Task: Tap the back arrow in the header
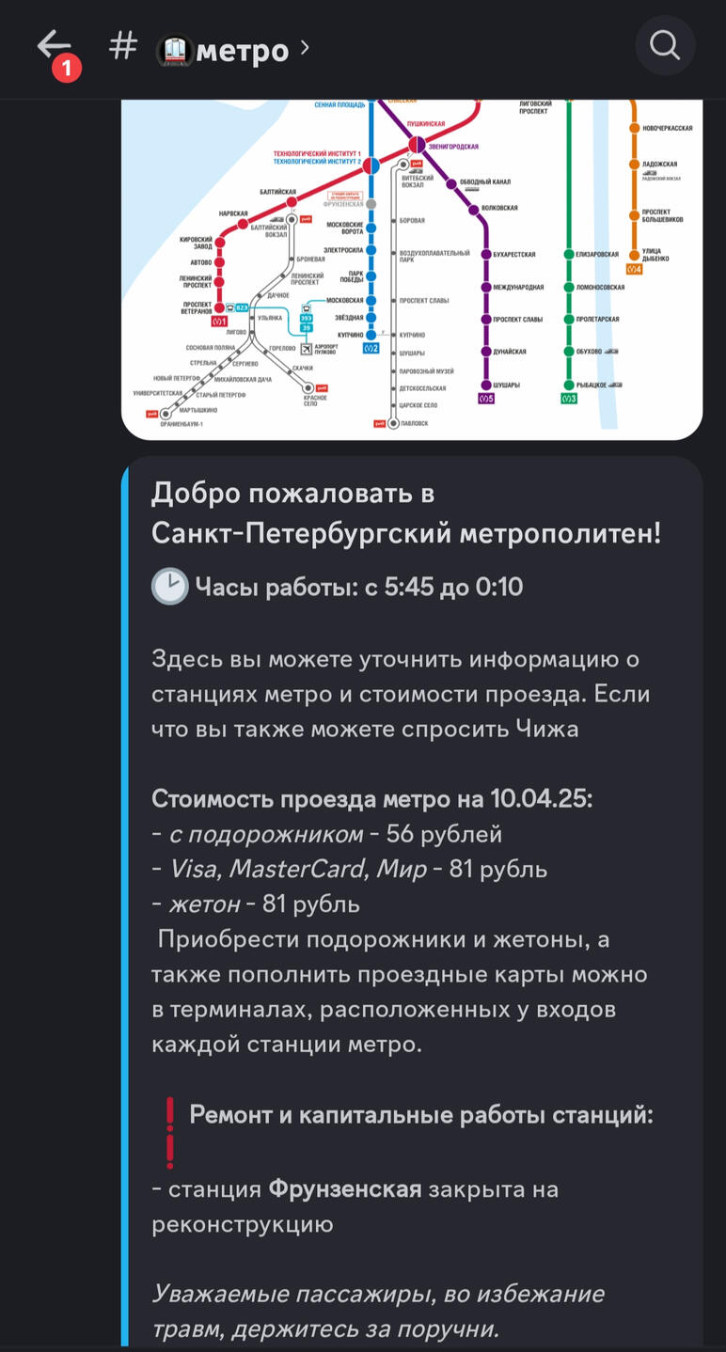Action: point(54,44)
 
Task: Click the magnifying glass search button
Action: point(665,45)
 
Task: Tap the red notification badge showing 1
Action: point(67,69)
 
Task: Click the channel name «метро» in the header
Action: point(242,50)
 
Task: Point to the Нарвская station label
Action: point(233,213)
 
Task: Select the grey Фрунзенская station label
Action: point(342,204)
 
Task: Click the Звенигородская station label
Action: point(453,147)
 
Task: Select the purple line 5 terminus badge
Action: point(486,399)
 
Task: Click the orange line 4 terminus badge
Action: point(635,270)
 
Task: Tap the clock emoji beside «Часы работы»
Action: point(170,588)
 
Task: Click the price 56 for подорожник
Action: point(401,834)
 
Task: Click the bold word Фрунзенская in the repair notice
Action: point(345,1189)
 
